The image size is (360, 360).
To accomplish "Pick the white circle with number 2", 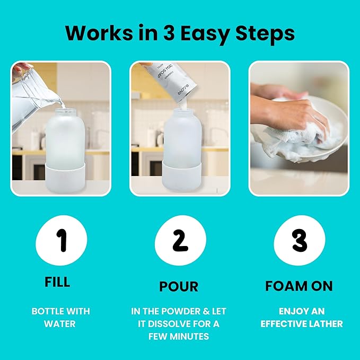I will [180, 241].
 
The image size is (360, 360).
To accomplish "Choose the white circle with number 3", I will [299, 241].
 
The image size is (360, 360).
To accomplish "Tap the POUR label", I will [179, 287].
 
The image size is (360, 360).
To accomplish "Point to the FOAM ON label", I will [299, 286].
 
